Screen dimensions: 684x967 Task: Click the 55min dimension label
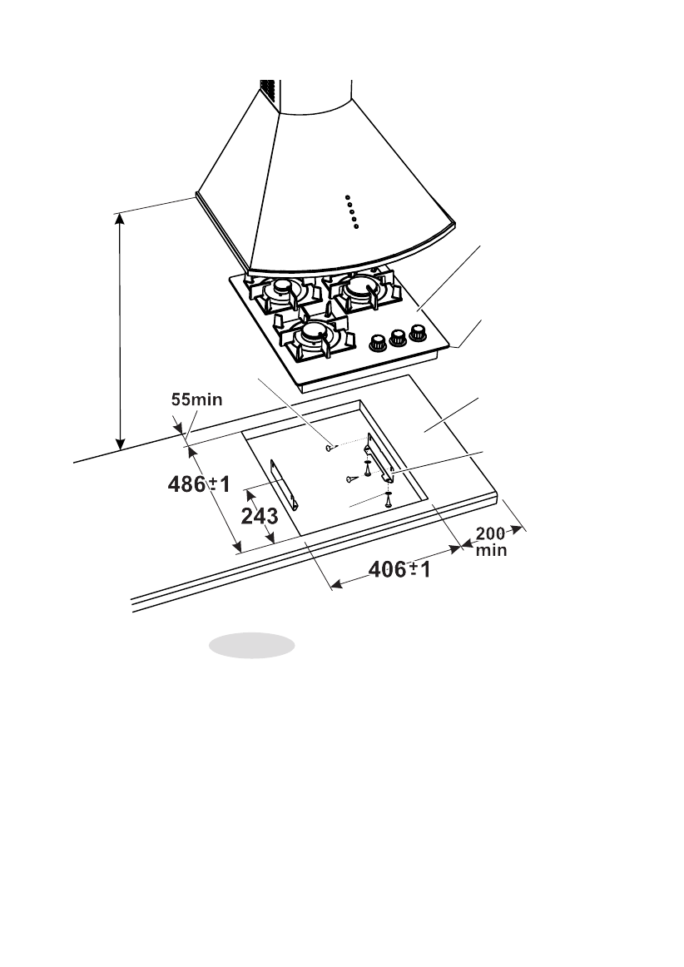(196, 399)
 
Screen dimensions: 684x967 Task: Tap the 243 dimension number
(259, 517)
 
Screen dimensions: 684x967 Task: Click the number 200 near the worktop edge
(490, 533)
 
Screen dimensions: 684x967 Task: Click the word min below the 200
(490, 549)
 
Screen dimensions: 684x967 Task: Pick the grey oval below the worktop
(251, 646)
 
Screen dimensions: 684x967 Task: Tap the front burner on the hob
(314, 332)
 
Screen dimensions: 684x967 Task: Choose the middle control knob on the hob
(399, 335)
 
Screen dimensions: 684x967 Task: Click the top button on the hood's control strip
(348, 197)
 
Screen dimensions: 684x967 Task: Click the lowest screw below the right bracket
(389, 502)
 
